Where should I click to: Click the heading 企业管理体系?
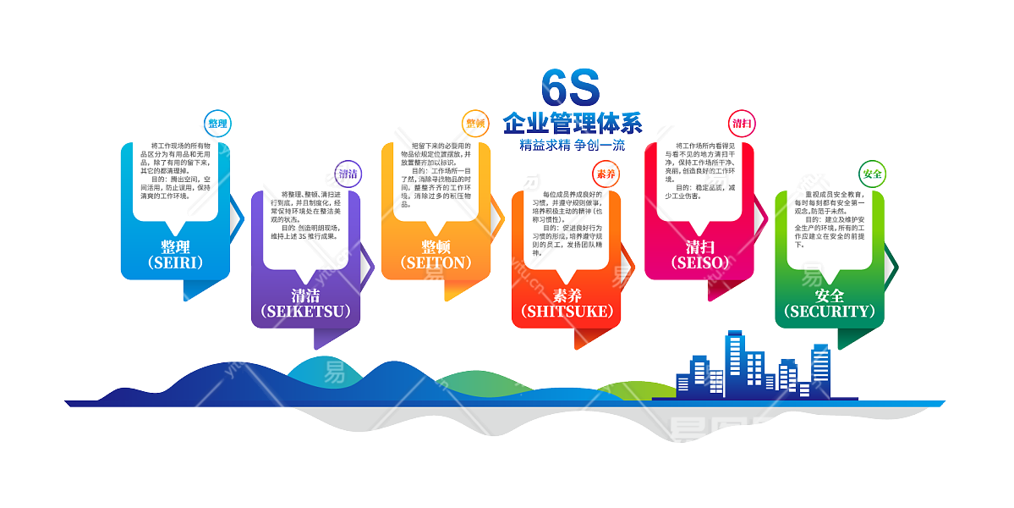(573, 123)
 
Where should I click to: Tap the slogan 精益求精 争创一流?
(573, 145)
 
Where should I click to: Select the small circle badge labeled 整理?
(217, 124)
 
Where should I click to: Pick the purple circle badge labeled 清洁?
(348, 174)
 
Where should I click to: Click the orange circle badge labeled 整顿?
(475, 124)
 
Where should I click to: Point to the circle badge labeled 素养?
(606, 174)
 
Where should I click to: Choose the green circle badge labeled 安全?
(872, 174)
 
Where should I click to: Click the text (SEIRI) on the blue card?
(175, 262)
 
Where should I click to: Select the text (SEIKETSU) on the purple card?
(306, 312)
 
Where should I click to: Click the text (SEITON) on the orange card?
(436, 262)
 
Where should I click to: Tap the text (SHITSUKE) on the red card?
(567, 312)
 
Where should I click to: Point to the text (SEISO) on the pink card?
(699, 262)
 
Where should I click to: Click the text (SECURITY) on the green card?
(830, 312)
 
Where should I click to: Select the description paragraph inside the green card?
(830, 219)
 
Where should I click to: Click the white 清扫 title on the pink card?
(699, 247)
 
